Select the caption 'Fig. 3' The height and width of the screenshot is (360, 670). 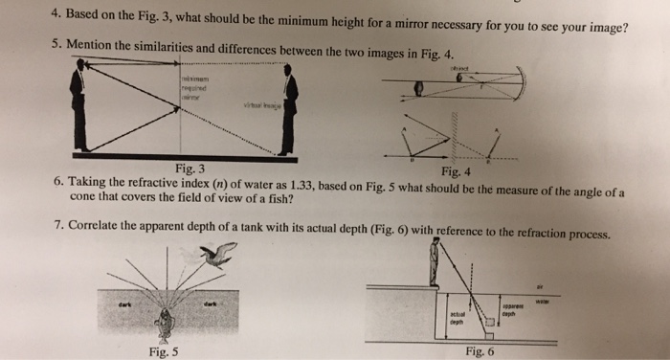[190, 168]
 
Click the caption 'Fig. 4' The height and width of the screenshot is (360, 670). [457, 171]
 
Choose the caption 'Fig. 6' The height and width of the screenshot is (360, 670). [478, 350]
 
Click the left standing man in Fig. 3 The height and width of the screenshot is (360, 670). [78, 106]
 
